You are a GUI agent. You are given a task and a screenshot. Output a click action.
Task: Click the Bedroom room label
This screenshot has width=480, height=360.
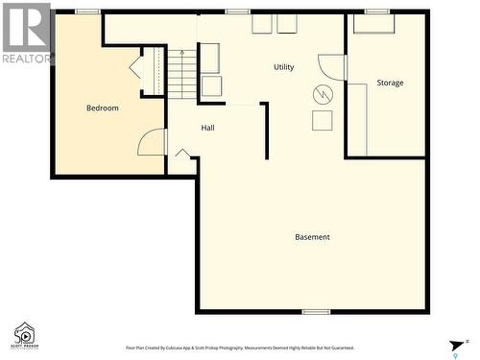(103, 108)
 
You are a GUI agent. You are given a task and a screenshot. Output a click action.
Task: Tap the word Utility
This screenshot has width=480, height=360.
(283, 67)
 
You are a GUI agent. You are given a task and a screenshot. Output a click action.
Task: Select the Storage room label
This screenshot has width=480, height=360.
(390, 83)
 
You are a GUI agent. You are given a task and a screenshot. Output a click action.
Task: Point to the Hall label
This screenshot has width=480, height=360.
(207, 128)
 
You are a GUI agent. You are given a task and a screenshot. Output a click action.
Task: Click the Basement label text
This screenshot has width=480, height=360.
(312, 237)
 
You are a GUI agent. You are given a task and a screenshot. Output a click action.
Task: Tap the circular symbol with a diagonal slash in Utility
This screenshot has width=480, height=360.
(323, 94)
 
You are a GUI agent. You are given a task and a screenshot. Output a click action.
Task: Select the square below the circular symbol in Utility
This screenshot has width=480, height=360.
(323, 120)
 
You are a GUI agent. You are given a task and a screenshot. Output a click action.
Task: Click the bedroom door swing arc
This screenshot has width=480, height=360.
(152, 142)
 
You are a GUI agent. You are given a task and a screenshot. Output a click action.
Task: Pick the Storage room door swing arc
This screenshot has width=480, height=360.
(332, 66)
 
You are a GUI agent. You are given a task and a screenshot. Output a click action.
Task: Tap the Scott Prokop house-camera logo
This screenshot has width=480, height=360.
(25, 335)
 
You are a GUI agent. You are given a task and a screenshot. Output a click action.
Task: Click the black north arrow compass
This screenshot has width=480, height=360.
(457, 347)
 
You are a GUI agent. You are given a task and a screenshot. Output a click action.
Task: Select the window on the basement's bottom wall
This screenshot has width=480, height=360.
(316, 312)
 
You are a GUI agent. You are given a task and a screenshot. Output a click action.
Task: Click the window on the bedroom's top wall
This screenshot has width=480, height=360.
(87, 12)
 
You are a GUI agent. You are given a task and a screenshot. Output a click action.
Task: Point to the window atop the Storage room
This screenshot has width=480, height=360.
(377, 12)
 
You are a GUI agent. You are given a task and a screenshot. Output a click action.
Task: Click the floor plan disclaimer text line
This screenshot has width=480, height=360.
(240, 348)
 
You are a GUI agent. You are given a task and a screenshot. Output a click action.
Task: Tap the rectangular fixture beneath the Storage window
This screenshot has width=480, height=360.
(374, 24)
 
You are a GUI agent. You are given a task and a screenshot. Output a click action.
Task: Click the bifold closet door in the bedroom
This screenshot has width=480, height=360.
(135, 67)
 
